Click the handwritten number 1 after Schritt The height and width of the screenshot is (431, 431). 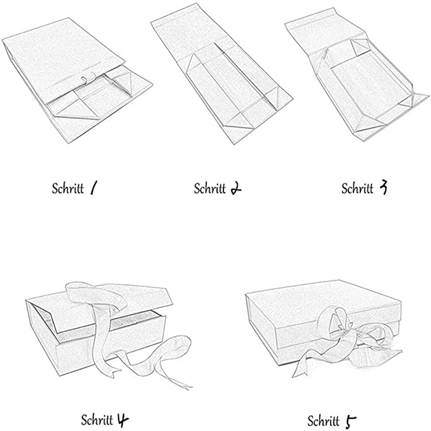pyautogui.click(x=93, y=189)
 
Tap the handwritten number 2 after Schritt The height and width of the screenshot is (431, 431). pyautogui.click(x=236, y=189)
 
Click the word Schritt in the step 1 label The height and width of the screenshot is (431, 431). pyautogui.click(x=68, y=189)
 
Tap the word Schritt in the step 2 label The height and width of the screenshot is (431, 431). pyautogui.click(x=210, y=189)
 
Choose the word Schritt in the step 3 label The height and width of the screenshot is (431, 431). pyautogui.click(x=357, y=189)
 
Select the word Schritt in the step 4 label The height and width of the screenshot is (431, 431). pyautogui.click(x=97, y=420)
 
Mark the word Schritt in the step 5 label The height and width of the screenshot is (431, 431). pyautogui.click(x=323, y=421)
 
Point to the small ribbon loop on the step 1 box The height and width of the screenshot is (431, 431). pyautogui.click(x=85, y=80)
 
